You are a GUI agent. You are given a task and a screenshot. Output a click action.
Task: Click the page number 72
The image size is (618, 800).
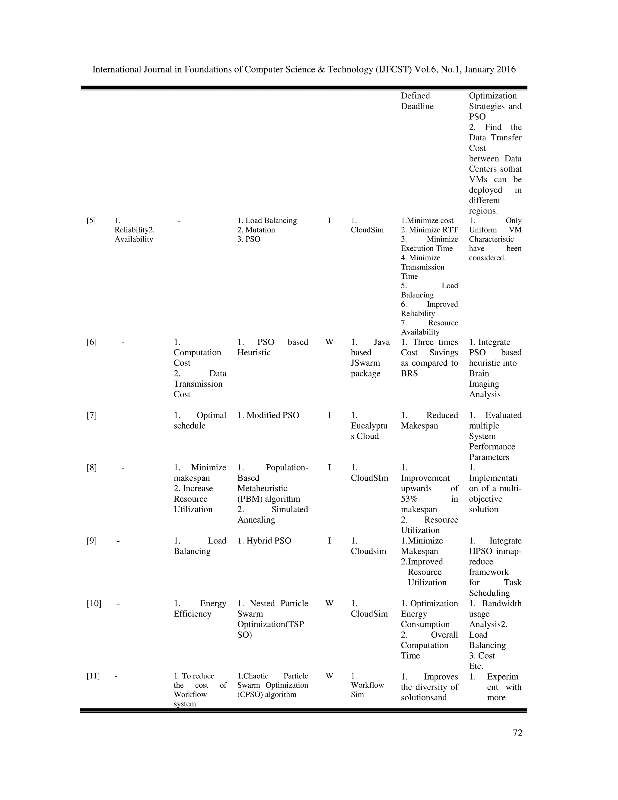517,733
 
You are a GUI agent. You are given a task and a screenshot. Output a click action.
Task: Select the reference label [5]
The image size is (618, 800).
91,220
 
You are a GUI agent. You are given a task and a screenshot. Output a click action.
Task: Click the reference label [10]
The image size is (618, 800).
94,604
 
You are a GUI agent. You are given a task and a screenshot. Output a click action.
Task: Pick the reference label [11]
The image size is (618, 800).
93,676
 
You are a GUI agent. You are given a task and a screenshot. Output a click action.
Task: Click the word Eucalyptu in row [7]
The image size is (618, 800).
369,426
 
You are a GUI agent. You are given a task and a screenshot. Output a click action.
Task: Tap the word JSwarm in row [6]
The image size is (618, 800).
365,363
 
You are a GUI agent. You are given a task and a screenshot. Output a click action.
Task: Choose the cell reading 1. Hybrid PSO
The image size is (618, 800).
264,541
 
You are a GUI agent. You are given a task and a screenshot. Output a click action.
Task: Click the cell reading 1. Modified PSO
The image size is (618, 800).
268,415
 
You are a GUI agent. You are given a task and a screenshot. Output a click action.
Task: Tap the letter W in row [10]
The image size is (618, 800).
329,604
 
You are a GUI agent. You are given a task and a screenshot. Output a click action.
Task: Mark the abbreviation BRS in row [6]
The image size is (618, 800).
409,374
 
